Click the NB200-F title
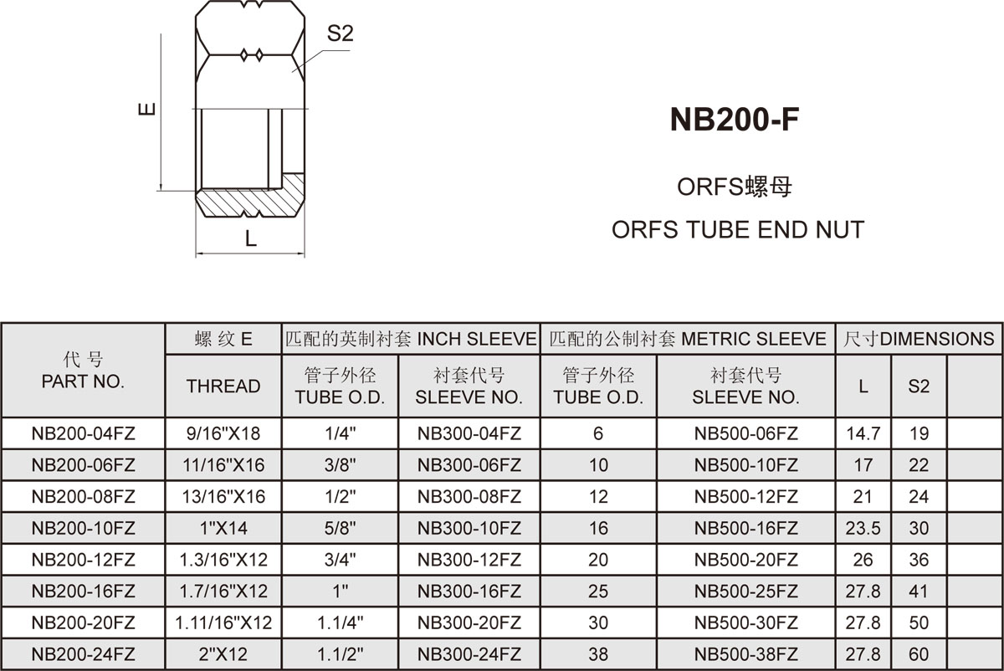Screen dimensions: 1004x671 (x=735, y=120)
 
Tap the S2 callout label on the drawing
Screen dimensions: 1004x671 (x=341, y=33)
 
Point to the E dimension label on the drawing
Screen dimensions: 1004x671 (x=147, y=109)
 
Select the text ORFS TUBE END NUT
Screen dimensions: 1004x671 (x=738, y=229)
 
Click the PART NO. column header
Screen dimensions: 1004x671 (x=83, y=382)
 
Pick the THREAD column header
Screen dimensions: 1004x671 (x=223, y=386)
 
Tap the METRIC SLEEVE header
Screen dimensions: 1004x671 (x=754, y=339)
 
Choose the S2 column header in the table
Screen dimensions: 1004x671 (x=919, y=386)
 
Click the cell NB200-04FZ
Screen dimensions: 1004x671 (x=83, y=433)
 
